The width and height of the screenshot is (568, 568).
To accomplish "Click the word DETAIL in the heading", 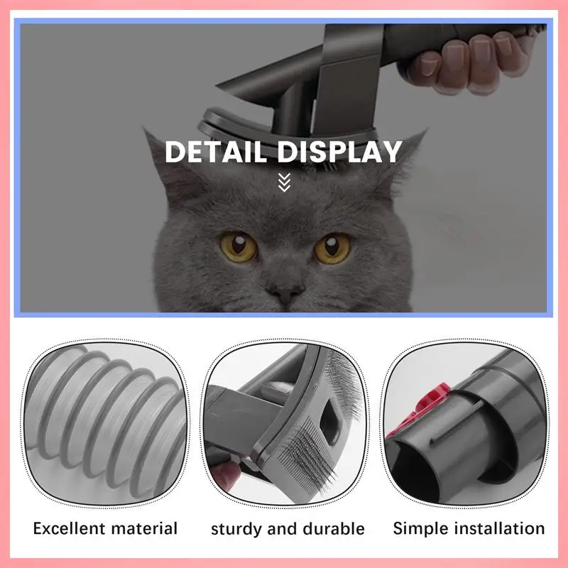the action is pyautogui.click(x=216, y=151).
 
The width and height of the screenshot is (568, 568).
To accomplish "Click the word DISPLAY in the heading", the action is pyautogui.click(x=340, y=151).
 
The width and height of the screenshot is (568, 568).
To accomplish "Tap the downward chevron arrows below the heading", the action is pyautogui.click(x=285, y=182).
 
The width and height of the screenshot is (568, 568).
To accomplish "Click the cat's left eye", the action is pyautogui.click(x=239, y=247).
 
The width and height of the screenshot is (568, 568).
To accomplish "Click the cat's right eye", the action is pyautogui.click(x=332, y=248).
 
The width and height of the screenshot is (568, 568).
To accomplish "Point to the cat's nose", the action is pyautogui.click(x=286, y=290).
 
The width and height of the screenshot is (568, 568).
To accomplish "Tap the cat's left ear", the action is pyautogui.click(x=170, y=163).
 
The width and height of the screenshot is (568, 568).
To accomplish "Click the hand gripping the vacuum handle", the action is pyautogui.click(x=467, y=62).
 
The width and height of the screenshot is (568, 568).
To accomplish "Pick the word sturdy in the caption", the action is pyautogui.click(x=236, y=530).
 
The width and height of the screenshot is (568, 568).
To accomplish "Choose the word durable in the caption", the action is pyautogui.click(x=334, y=529).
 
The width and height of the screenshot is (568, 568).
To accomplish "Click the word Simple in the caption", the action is pyautogui.click(x=420, y=529).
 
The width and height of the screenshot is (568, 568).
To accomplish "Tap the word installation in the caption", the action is pyautogui.click(x=498, y=528).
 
